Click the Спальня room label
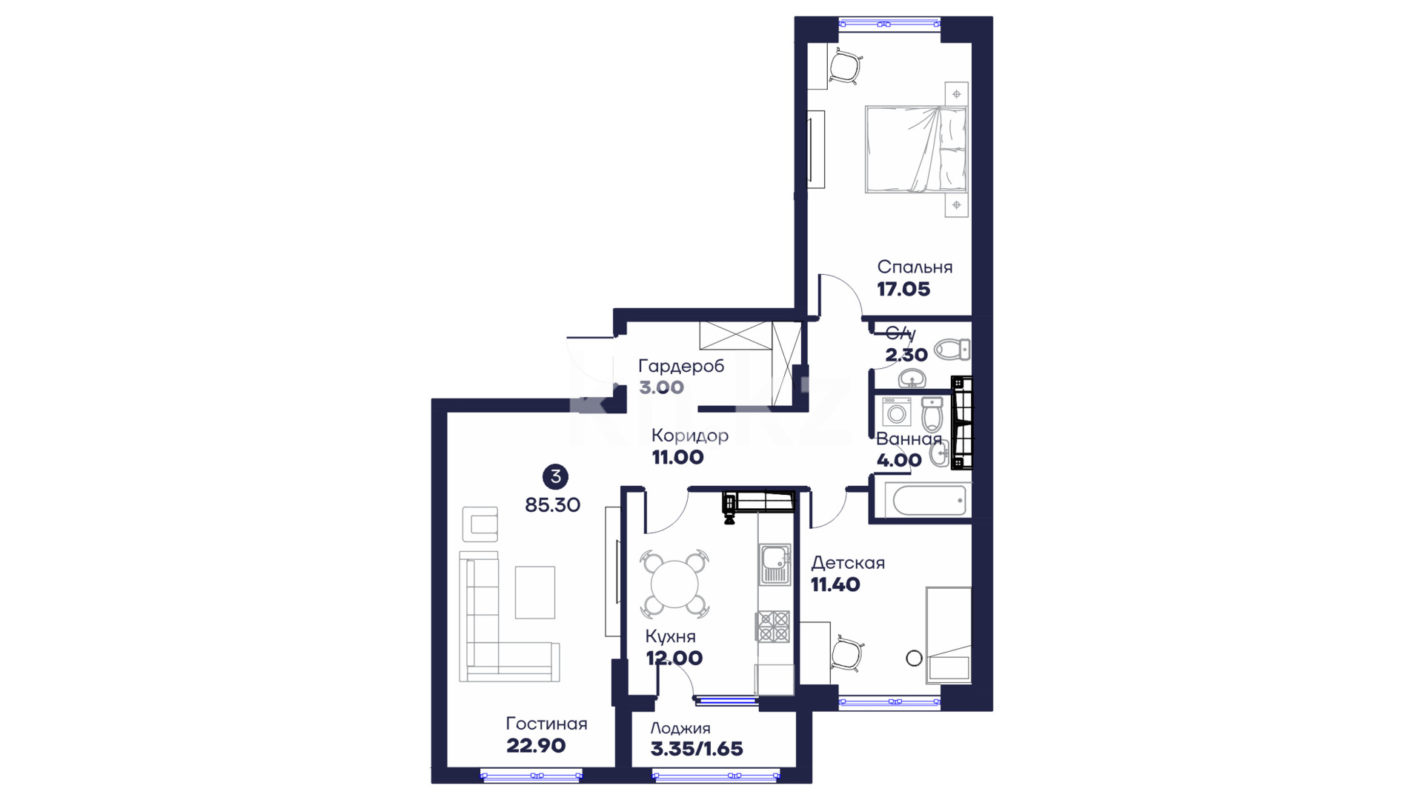[915, 267]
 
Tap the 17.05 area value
[903, 290]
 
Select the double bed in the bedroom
[916, 150]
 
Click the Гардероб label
[681, 366]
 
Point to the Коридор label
[690, 436]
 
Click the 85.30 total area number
[553, 505]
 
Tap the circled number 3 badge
[555, 476]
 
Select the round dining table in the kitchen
[674, 584]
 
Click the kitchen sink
[774, 564]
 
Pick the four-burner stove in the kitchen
[772, 626]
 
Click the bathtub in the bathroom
[930, 501]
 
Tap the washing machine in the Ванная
[897, 412]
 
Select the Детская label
[848, 563]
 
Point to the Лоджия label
[680, 728]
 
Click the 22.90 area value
[536, 746]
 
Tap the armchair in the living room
[480, 524]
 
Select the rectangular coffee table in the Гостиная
[535, 592]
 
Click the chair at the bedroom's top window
[845, 67]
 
